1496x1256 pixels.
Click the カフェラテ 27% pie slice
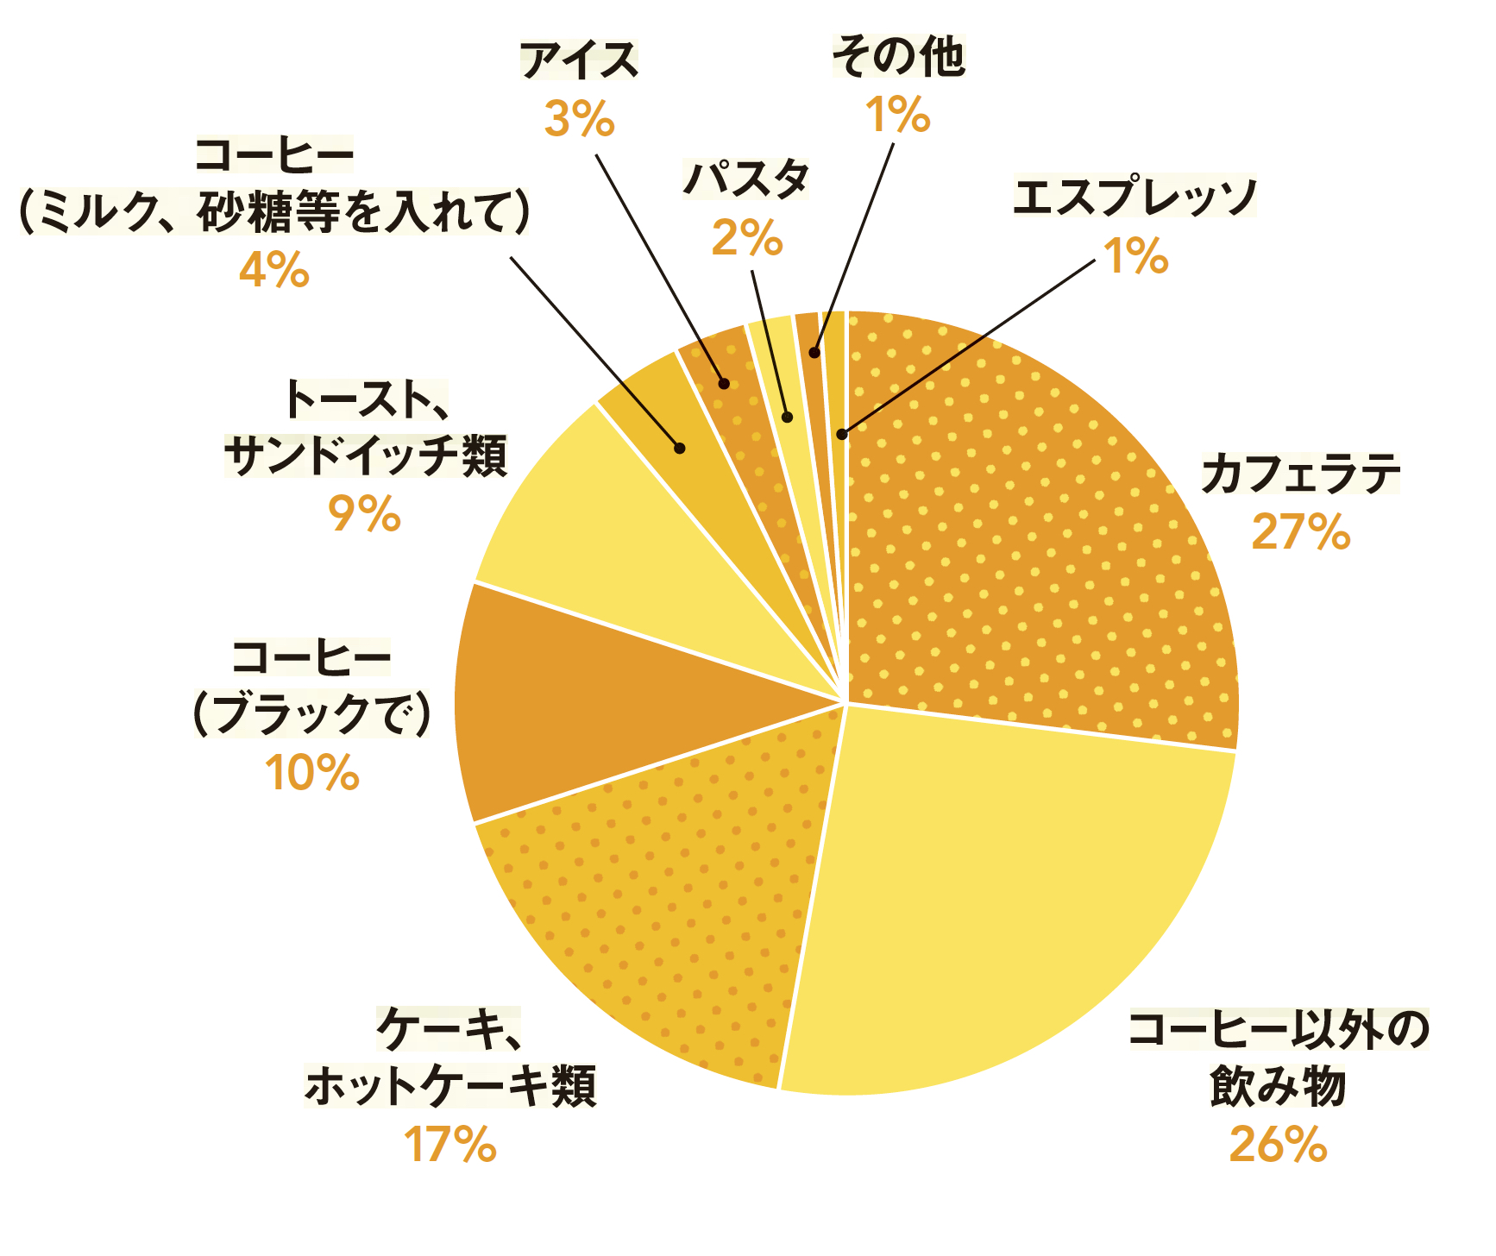point(1035,535)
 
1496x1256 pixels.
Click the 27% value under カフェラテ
point(1300,532)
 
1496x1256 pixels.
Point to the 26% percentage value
point(1278,1146)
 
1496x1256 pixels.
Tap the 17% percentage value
point(450,1146)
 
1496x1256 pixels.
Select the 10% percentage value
point(312,773)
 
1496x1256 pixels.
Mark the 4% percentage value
point(273,270)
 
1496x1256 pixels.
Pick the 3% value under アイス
point(579,119)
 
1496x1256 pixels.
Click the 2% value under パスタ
point(746,238)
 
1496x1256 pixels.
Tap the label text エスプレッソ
point(1135,198)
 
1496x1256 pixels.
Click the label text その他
point(898,57)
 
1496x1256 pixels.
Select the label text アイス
point(579,60)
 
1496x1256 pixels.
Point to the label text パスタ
point(746,179)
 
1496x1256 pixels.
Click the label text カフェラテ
point(1300,474)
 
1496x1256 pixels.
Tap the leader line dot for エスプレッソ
point(842,434)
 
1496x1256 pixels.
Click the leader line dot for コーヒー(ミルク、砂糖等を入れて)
point(680,448)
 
